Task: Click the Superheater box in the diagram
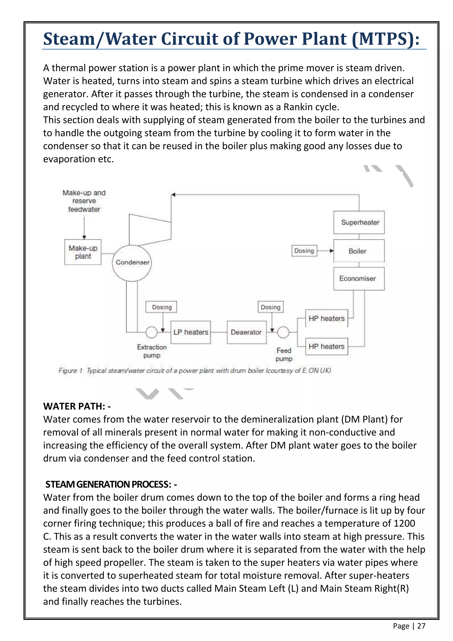click(x=359, y=222)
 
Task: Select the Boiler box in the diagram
click(x=359, y=251)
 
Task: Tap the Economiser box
click(x=359, y=279)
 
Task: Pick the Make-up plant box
click(x=83, y=252)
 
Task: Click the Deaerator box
click(x=247, y=332)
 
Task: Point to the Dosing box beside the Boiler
click(x=304, y=251)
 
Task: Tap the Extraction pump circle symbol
click(x=152, y=332)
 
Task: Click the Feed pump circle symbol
click(x=283, y=332)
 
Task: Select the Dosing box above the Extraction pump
click(x=161, y=307)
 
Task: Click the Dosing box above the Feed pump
click(x=271, y=307)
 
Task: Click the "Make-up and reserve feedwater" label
click(x=84, y=201)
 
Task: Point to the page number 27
click(x=421, y=626)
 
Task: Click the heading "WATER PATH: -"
click(x=77, y=406)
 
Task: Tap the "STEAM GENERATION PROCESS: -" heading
click(x=111, y=484)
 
